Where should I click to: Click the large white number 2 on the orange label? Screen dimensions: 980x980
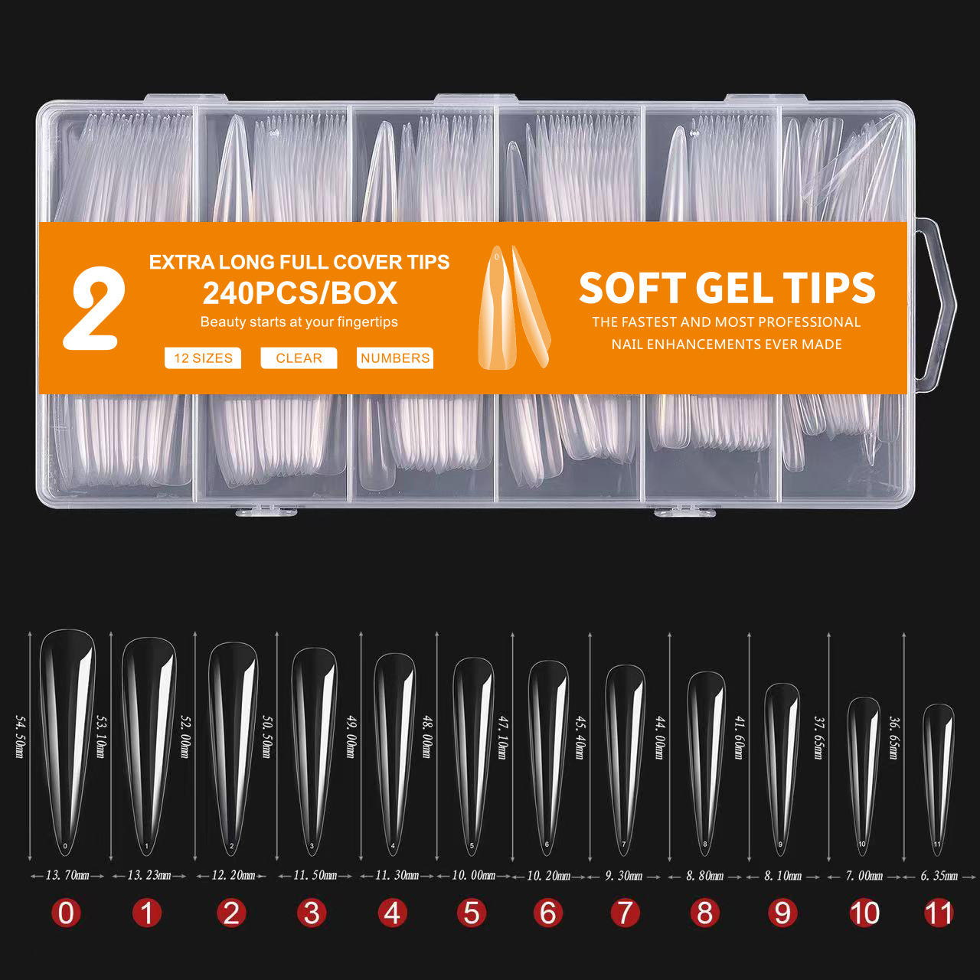tap(94, 310)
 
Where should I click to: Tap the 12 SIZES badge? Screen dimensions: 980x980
tap(203, 358)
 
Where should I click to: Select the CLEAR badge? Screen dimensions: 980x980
tap(299, 358)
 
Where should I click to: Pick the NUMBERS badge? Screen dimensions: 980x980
tap(395, 358)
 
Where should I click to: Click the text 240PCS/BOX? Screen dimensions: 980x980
tap(299, 293)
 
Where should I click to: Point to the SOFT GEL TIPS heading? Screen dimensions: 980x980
tap(727, 289)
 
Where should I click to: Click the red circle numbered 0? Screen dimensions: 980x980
tap(67, 913)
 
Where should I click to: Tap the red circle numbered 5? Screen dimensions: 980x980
tap(472, 913)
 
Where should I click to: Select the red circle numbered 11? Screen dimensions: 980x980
tap(939, 913)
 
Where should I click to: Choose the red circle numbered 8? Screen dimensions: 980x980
tap(705, 913)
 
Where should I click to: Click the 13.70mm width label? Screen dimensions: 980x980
tap(67, 875)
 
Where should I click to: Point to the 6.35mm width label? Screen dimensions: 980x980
tap(939, 876)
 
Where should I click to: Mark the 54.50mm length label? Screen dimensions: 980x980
tap(21, 737)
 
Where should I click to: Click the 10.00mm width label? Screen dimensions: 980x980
tap(473, 875)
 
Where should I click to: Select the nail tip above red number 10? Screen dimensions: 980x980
tap(863, 773)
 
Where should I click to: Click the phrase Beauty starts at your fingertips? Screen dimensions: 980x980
tap(299, 322)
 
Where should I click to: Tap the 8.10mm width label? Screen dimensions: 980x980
tap(782, 876)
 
